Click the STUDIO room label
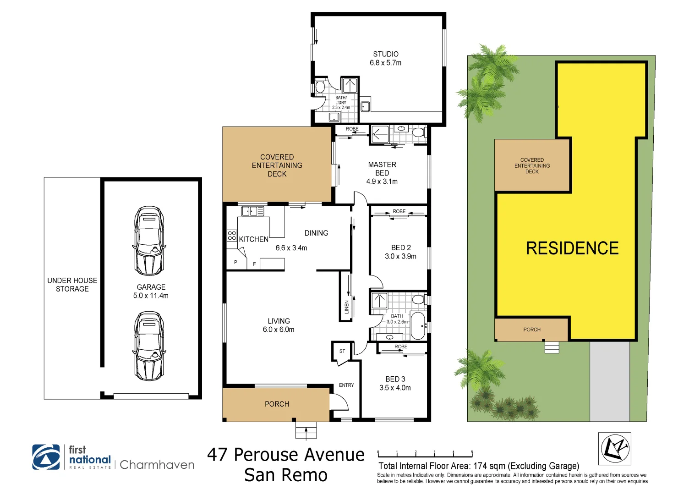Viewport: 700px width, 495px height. coord(386,54)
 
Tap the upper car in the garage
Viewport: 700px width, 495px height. coord(149,241)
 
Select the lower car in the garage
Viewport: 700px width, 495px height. coord(149,346)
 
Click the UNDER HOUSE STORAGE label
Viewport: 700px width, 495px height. coord(72,285)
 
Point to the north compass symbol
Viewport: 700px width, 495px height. coord(615,448)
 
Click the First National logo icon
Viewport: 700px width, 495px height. coord(46,457)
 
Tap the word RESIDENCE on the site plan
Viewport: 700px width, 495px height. coord(572,248)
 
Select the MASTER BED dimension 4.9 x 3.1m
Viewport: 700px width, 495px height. coord(382,181)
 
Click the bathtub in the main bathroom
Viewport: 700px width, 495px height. coord(417,325)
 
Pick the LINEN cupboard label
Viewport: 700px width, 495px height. coord(347,307)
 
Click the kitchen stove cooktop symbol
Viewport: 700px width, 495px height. coord(232,236)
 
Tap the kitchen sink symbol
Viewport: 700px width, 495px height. coord(252,211)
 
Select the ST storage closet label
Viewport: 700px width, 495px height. coord(342,352)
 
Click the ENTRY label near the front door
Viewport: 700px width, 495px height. coord(346,385)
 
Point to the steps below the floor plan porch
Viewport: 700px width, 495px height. coord(306,431)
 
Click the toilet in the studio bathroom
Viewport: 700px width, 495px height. coord(320,87)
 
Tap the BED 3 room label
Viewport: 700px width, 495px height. coord(395,379)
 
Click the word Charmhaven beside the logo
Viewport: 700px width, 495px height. coord(157,465)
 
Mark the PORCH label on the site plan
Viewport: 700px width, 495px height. coord(532,330)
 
